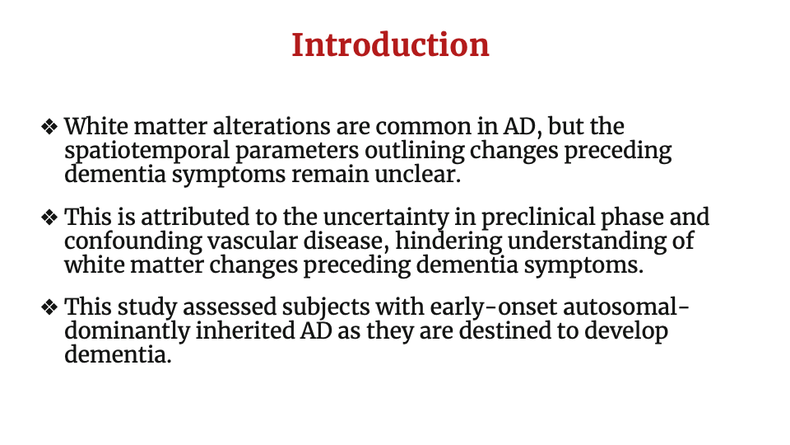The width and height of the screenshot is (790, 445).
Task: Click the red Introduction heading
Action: (390, 44)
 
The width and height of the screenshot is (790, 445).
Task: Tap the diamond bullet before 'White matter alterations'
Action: (49, 127)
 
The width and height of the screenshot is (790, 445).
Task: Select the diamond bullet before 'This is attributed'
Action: (49, 218)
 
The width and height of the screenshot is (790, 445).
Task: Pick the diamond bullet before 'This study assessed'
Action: (49, 307)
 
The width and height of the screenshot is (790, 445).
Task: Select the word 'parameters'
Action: (297, 152)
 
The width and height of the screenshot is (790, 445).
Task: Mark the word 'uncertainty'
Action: (386, 218)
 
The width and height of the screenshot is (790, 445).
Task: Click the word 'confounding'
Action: (133, 241)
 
